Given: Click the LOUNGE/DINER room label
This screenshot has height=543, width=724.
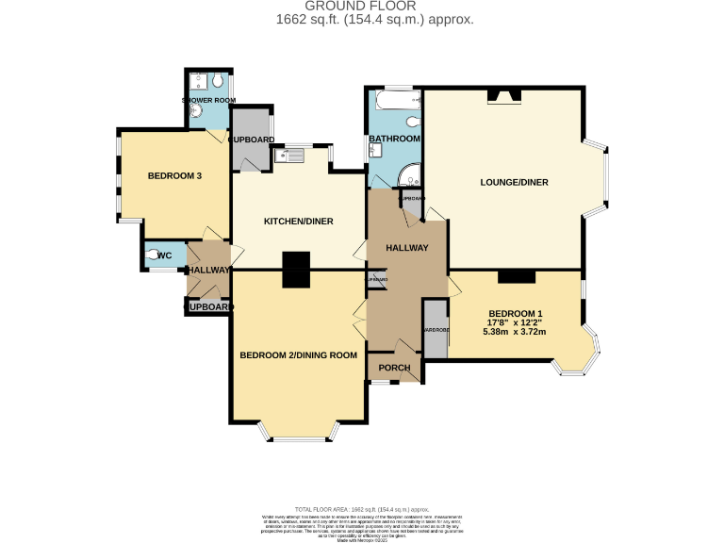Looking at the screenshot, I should [515, 182].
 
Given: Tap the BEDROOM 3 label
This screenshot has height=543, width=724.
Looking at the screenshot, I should [174, 175].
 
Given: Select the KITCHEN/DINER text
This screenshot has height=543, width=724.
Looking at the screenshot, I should [298, 222].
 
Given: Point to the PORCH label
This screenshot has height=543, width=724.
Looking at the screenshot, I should [394, 367].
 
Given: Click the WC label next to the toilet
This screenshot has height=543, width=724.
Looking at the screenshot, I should [163, 255].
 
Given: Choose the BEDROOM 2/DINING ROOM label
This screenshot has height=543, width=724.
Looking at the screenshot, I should [298, 354].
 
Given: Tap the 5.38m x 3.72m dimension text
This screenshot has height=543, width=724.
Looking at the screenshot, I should [515, 332].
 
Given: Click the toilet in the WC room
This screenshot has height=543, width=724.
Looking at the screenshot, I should [151, 255].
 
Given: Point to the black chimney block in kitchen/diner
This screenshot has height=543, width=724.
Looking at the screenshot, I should [297, 269].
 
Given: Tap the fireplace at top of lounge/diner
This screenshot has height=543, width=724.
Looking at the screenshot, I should [503, 95].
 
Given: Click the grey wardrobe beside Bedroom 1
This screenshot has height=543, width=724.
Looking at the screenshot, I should [436, 329].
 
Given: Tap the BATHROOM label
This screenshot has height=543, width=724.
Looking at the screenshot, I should [394, 140].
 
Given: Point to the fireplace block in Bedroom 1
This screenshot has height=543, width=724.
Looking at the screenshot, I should [516, 275].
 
